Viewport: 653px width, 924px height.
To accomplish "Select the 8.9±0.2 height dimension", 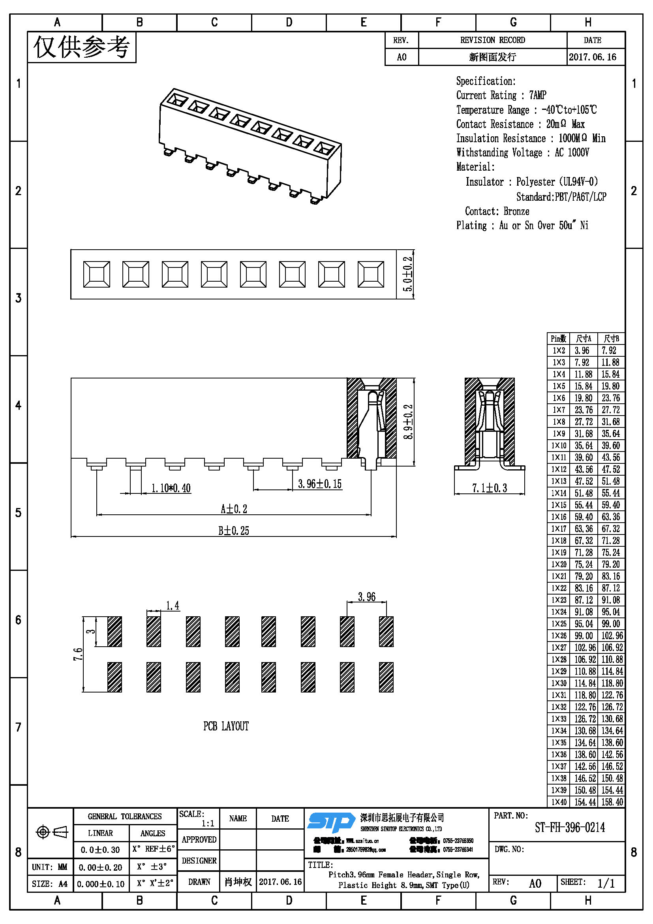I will coord(408,422).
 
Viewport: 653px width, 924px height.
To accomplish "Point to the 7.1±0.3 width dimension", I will coord(489,488).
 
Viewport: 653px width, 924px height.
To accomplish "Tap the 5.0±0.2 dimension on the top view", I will coord(408,274).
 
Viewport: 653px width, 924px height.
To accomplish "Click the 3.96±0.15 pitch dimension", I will coord(320,484).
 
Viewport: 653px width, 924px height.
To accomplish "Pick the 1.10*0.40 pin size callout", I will coord(171,488).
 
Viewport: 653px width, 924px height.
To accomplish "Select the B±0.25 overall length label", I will coord(234,531).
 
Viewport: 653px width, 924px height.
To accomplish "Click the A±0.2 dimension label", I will coord(234,509).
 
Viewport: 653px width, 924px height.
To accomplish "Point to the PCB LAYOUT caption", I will coord(226,726).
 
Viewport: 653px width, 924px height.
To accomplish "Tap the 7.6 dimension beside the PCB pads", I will coord(78,654).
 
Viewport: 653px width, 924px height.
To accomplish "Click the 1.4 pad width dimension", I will coord(173,606).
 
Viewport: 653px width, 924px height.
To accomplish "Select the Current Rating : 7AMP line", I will coord(501,95).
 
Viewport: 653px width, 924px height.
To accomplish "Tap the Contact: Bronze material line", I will coord(497,211).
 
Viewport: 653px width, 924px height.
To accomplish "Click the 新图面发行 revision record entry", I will coord(492,57).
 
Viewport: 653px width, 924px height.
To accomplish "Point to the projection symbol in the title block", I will coord(52,832).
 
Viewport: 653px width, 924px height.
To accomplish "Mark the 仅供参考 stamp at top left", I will coord(82,47).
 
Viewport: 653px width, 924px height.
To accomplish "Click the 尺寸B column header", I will coord(611,339).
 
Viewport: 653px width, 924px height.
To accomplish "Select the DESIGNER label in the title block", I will coord(199,861).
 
